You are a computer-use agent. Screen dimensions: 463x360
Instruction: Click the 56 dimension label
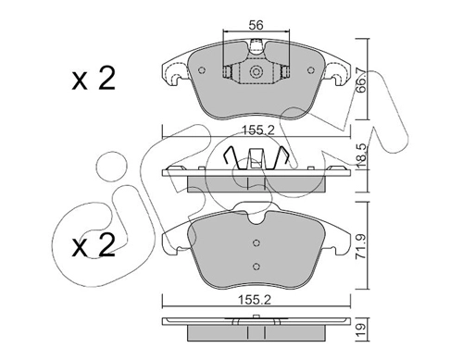coord(256,25)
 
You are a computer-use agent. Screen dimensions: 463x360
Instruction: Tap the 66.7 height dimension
coord(360,81)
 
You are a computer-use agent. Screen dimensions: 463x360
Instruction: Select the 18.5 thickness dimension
coord(360,155)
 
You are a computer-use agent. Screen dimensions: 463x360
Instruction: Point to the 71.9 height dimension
coord(360,247)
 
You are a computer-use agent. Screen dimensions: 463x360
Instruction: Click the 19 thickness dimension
coord(362,329)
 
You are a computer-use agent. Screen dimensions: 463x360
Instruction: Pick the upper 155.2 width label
coord(257,130)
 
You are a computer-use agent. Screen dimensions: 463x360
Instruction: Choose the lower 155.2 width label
coord(255,300)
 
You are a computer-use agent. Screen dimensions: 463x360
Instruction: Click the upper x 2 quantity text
coord(94,79)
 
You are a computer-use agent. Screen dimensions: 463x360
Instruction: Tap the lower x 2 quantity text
coord(94,245)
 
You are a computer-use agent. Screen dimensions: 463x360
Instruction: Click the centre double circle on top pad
coord(256,72)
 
